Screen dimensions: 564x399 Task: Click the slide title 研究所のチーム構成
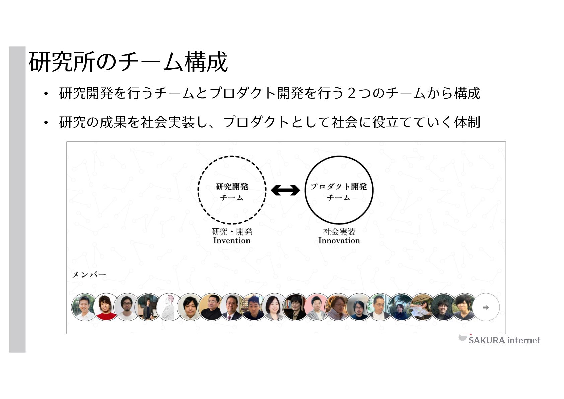pos(128,62)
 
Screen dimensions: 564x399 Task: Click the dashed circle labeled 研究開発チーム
pos(232,190)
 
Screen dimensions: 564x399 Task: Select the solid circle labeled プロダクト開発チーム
pos(339,190)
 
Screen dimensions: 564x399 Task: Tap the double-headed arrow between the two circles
pos(285,190)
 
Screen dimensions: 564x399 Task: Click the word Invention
pos(232,241)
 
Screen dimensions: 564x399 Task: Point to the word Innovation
pos(339,241)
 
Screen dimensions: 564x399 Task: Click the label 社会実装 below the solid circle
pos(339,231)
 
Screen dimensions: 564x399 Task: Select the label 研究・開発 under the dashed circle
pos(232,231)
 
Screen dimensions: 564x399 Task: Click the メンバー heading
pos(89,275)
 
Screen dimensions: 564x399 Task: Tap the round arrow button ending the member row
pos(486,307)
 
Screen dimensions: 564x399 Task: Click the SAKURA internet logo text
pos(504,341)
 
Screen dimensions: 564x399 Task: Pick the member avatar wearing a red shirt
pos(106,307)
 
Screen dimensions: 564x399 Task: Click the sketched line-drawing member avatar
pos(169,307)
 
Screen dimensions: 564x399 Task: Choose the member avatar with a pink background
pos(316,307)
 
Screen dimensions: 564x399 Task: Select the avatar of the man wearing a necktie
pos(232,307)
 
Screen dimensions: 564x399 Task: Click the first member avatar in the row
pos(84,307)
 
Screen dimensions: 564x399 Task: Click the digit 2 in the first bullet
pos(351,93)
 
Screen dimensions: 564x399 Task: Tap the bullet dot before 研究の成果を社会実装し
pos(46,123)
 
